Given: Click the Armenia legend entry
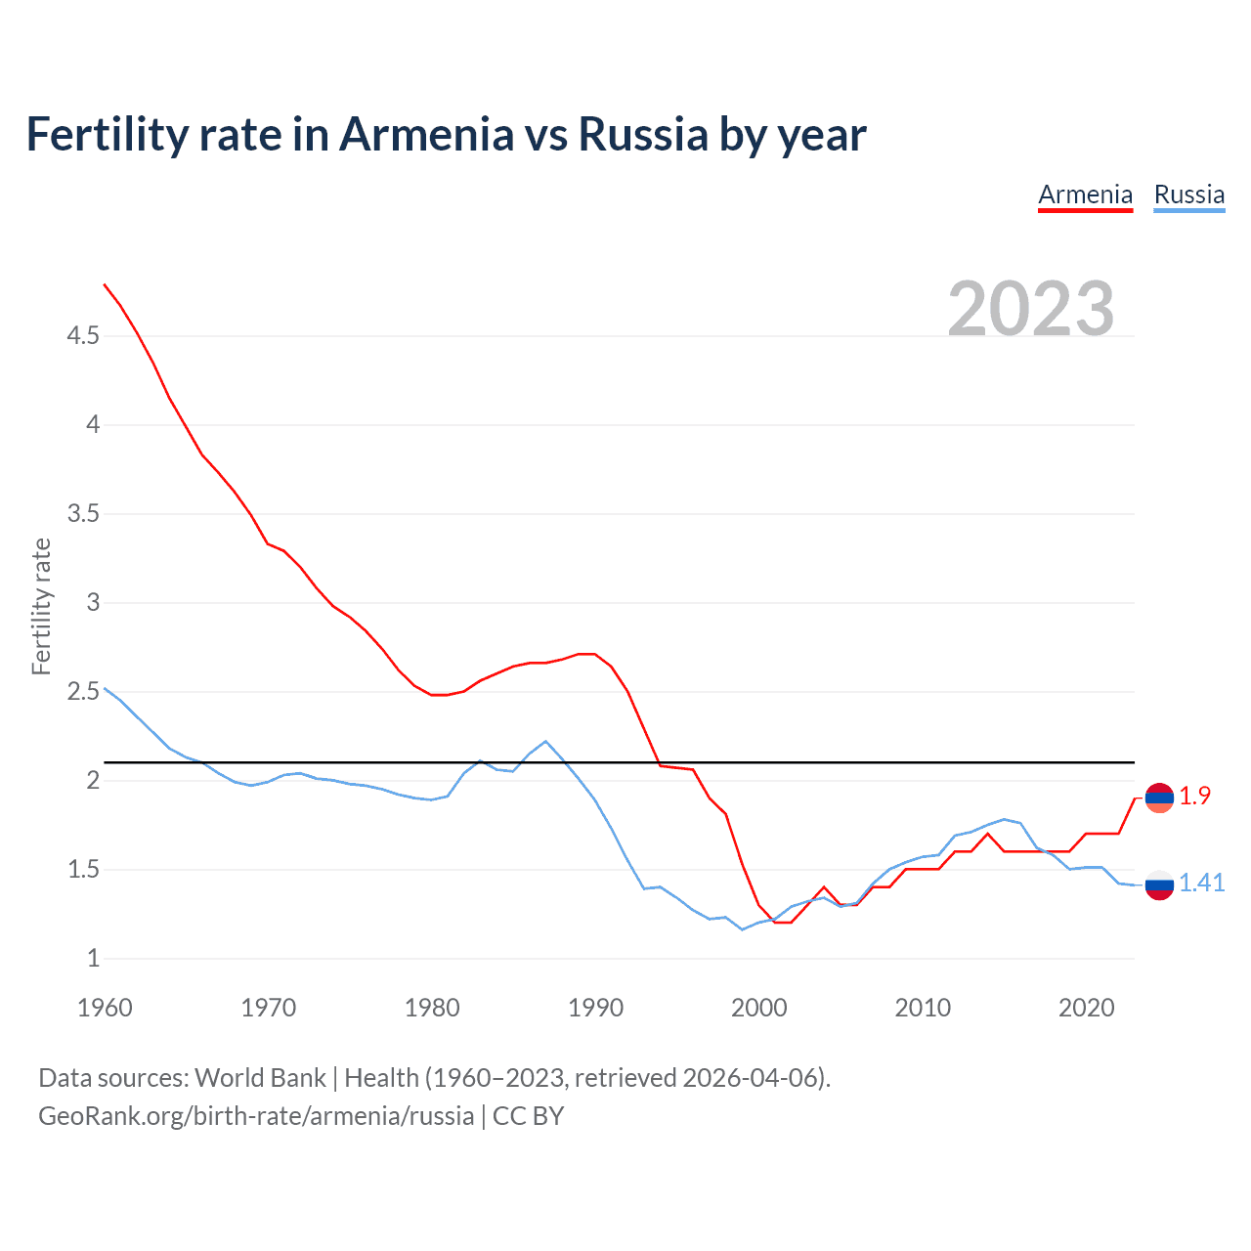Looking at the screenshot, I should tap(1085, 194).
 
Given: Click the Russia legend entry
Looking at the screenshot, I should tap(1188, 194).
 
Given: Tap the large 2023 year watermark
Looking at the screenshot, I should tap(1030, 309).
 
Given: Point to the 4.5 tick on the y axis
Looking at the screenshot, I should tap(83, 336).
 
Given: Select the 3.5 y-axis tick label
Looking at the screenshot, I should tap(83, 514).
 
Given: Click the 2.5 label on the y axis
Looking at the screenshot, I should tap(83, 692).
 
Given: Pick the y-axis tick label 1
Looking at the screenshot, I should tap(93, 959).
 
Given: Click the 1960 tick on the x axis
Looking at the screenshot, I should tap(105, 1008).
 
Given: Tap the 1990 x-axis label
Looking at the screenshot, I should tap(595, 1008).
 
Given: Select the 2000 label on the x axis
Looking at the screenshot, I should tap(758, 1008).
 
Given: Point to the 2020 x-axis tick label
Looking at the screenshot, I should tap(1086, 1008).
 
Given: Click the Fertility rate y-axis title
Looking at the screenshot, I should tap(41, 606).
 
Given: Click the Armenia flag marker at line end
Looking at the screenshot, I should tap(1159, 798).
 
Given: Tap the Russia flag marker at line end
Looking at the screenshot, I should tap(1159, 884).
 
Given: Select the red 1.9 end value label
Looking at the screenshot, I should tap(1194, 797).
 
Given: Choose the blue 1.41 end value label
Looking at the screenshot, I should tap(1201, 884).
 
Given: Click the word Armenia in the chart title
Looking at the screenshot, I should tap(426, 134).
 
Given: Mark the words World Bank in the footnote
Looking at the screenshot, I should tap(260, 1078).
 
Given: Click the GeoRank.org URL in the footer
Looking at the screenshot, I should tap(256, 1116).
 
